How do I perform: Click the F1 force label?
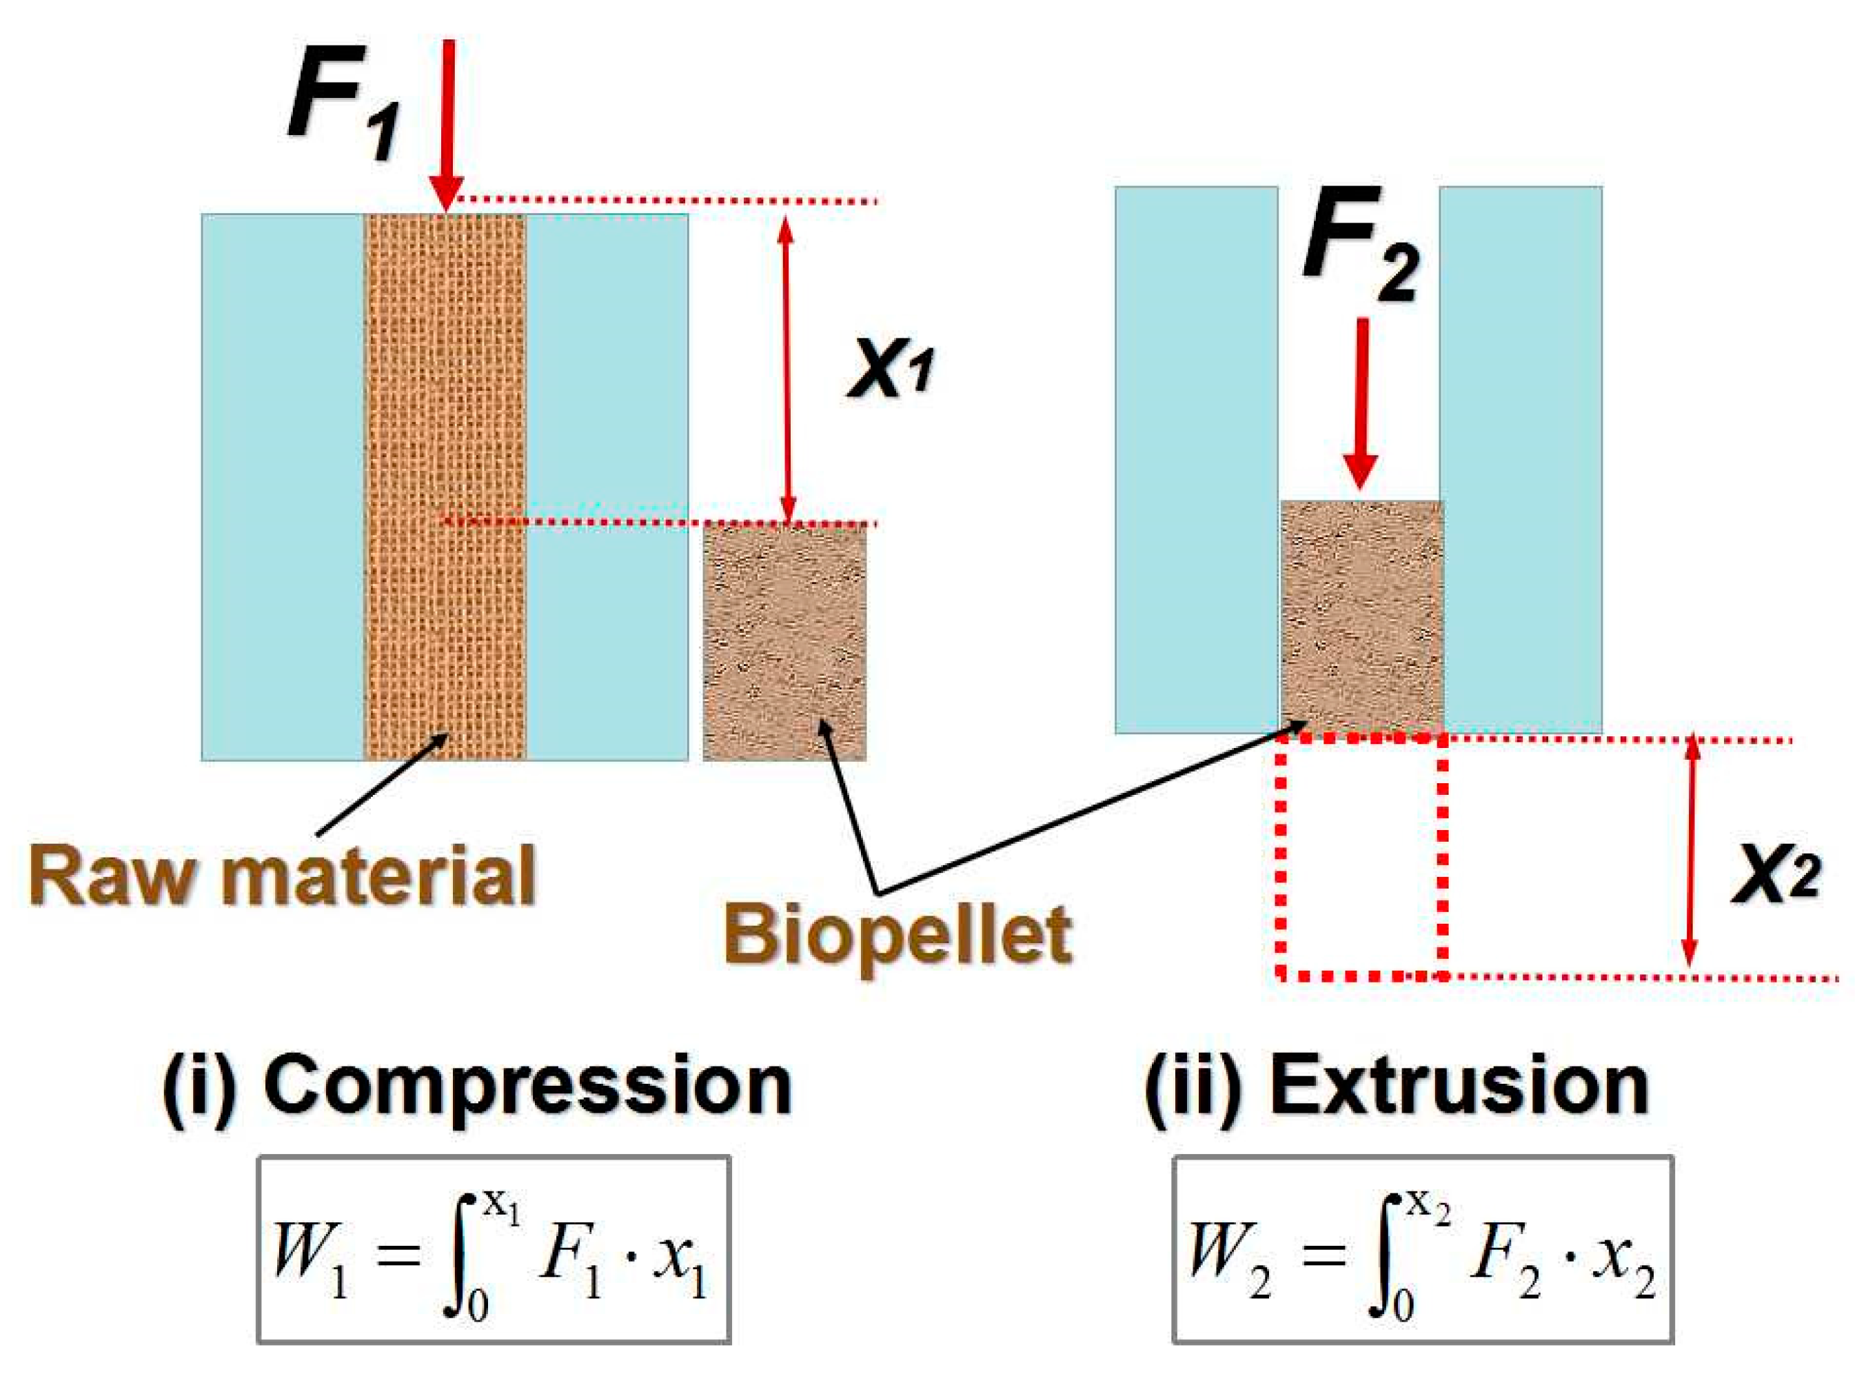pos(343,117)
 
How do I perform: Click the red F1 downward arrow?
pos(449,125)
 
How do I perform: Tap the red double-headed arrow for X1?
pos(785,368)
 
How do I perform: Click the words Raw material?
pos(283,875)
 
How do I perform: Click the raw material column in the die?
pos(445,485)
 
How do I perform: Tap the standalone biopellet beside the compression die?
pos(784,641)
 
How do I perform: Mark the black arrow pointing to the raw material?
pos(381,783)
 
